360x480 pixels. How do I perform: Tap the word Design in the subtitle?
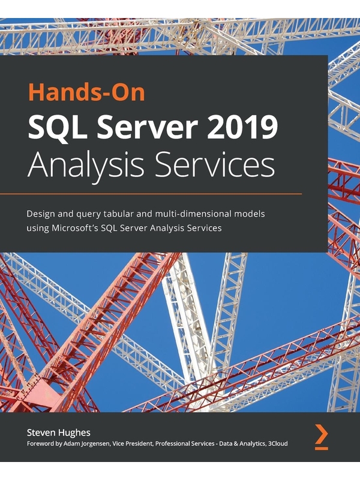39,214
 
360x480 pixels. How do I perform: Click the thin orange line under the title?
151,194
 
